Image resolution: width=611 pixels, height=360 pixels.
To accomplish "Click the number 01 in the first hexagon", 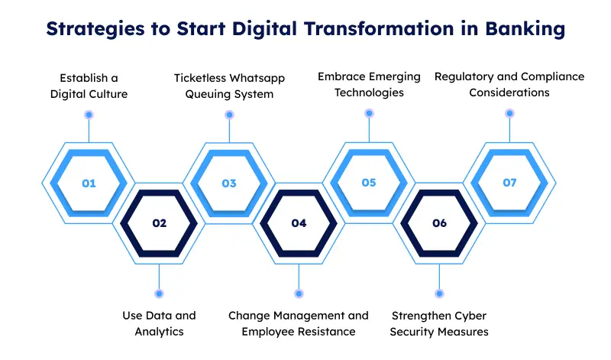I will coord(89,183).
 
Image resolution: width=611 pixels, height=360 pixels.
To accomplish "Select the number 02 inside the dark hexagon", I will coord(159,223).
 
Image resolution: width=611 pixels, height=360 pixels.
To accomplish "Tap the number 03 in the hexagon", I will coord(229,183).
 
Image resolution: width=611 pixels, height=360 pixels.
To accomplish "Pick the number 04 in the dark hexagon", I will coord(299,223).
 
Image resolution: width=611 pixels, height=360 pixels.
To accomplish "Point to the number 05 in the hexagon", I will coord(369,183).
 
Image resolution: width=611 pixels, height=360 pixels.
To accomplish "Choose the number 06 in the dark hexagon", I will coord(439,223).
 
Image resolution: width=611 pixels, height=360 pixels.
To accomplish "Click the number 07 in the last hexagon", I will coord(509,183).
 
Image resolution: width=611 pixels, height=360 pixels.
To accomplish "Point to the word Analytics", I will coord(159,332).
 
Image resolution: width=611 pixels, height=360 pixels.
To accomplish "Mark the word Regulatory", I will coord(464,76).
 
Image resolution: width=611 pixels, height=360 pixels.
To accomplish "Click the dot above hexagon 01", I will coord(89,115).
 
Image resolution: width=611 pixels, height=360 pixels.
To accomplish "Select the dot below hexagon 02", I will coord(159,293).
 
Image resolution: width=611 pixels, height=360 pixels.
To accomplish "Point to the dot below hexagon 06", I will coord(439,293).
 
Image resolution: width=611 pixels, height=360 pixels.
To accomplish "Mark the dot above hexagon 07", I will coord(509,114).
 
